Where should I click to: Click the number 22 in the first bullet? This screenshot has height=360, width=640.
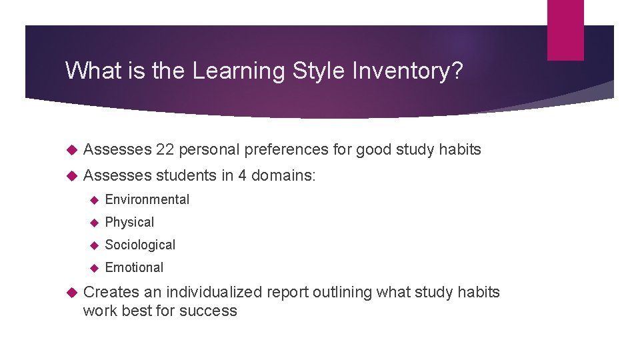click(165, 149)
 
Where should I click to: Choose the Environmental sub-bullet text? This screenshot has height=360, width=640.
click(147, 199)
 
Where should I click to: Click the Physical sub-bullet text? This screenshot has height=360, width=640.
click(129, 222)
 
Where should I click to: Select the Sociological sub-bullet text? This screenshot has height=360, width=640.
click(140, 245)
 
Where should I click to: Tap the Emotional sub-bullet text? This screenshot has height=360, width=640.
click(134, 267)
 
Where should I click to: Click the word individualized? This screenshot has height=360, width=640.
click(215, 292)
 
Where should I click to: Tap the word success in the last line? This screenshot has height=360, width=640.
click(210, 311)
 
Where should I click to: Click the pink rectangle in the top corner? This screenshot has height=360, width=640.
click(565, 29)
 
